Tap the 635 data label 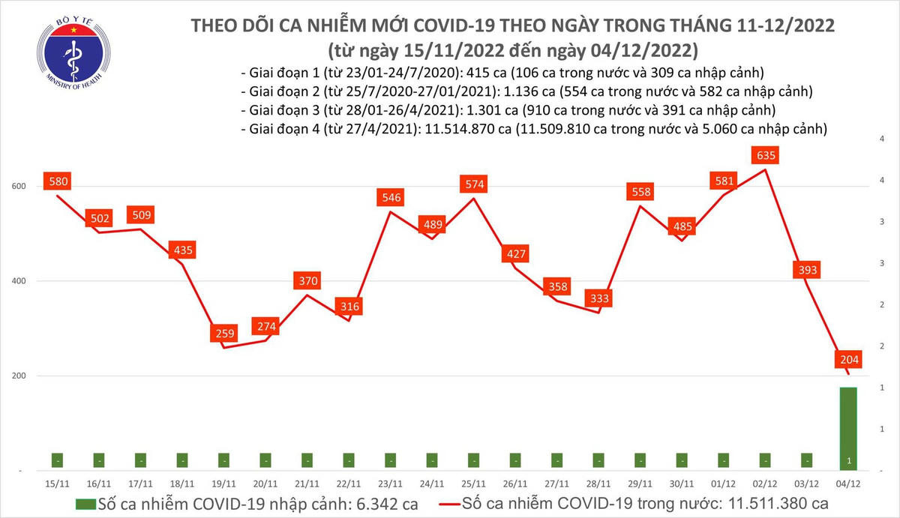(x=766, y=155)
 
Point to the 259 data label (x=224, y=333)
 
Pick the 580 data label (x=58, y=181)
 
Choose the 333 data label (x=600, y=298)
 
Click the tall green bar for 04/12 (x=848, y=428)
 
